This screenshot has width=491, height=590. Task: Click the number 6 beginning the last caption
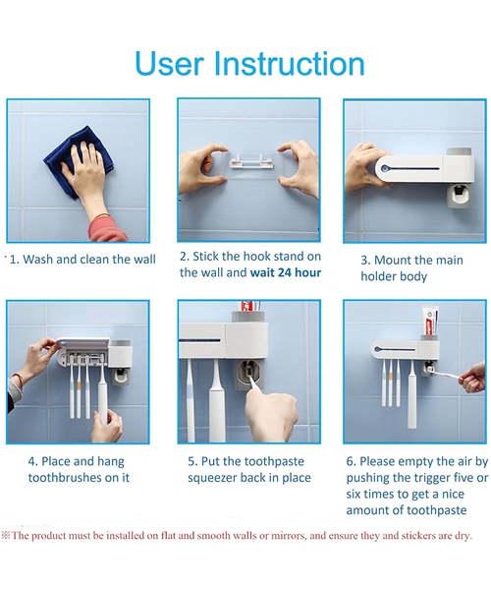(x=349, y=461)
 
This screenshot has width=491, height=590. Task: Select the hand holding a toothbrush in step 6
(x=472, y=375)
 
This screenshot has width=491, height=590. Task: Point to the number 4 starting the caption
(x=31, y=461)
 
